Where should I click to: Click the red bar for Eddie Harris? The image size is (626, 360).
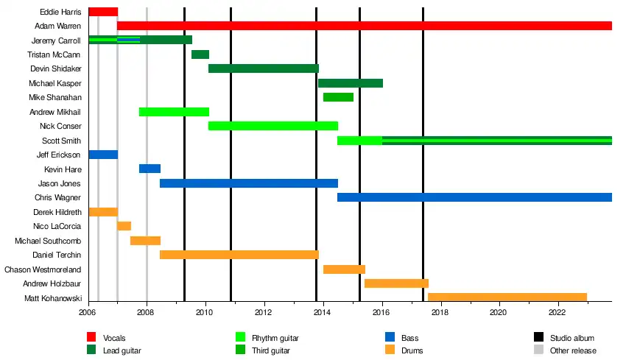tap(103, 12)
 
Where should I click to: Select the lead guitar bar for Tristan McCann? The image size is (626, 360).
tap(200, 54)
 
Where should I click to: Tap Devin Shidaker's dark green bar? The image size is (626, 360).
tap(264, 68)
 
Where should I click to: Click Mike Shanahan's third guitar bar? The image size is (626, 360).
tap(338, 97)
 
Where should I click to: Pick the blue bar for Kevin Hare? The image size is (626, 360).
tap(150, 169)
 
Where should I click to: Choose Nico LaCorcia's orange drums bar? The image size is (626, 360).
tap(124, 226)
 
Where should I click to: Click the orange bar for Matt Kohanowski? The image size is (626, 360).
tap(507, 297)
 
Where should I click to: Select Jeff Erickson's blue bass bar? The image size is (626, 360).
tap(103, 155)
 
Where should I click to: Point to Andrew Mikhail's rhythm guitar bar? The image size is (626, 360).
tap(174, 112)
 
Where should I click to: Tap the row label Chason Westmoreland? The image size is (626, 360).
tap(43, 269)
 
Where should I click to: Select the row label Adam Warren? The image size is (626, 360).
tap(58, 26)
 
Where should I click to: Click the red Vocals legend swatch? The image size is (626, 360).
tap(93, 338)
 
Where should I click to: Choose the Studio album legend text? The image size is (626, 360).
tap(574, 338)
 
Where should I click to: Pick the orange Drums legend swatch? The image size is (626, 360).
tap(391, 350)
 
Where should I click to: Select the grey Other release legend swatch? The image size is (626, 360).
tap(539, 350)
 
